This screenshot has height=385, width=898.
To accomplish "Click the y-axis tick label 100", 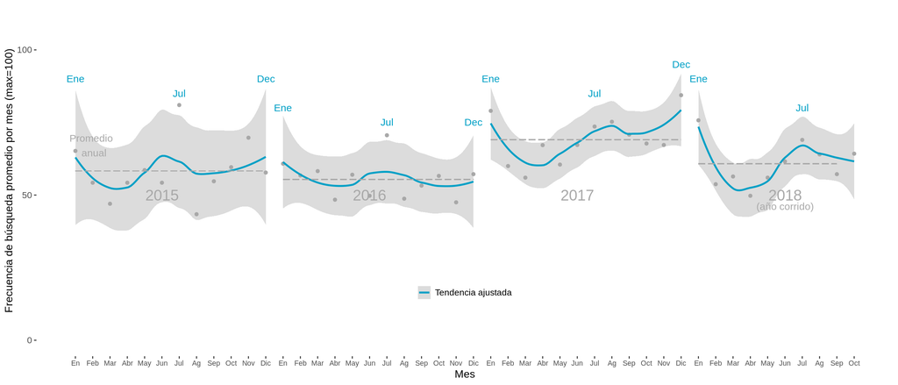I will pos(24,50).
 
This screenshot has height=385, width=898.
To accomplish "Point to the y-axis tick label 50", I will pos(26,195).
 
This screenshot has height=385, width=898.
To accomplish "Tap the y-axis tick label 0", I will pos(29,340).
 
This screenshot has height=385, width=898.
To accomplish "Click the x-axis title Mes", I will pos(465,374).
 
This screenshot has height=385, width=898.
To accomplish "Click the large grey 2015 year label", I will pos(162,196).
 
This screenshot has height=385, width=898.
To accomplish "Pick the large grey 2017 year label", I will pos(577,196).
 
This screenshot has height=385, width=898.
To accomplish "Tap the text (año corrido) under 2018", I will pos(785,207).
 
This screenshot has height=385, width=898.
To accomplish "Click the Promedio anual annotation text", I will pos(92,146).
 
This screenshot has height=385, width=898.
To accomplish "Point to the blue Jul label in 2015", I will pos(179,94).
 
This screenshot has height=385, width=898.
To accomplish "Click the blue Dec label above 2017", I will pos(681,65).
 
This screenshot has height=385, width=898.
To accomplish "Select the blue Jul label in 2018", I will pos(802,108).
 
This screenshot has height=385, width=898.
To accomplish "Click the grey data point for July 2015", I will pos(179,105).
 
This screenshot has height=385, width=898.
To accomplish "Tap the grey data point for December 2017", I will pos(681,96).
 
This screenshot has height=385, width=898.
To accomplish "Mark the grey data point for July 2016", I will pos(387,135).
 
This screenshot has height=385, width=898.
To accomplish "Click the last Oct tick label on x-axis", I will pos(853,363).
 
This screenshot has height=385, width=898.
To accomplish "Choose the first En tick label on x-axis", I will pos(75,363).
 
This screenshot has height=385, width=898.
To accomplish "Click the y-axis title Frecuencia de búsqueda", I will pos(10,180).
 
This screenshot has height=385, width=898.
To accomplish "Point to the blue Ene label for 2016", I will pos(282,108).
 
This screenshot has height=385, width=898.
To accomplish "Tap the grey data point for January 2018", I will pos(698,120).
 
